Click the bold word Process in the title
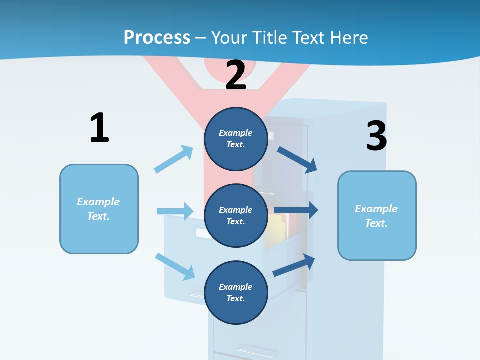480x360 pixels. click(157, 37)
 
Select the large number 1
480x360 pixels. click(99, 128)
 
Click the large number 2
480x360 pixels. click(236, 75)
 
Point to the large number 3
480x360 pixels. click(376, 136)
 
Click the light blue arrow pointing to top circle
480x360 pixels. click(174, 159)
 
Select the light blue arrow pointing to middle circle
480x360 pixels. click(175, 211)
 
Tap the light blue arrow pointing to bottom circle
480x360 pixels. click(175, 266)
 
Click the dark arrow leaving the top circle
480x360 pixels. click(297, 159)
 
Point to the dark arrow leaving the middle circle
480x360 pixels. click(296, 210)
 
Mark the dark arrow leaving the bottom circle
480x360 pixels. click(294, 265)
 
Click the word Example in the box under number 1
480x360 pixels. click(98, 201)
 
